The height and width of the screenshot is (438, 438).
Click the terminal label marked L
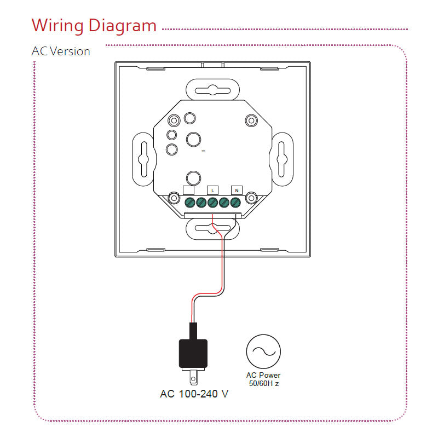click(x=213, y=190)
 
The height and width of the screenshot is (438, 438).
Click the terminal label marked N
click(x=237, y=190)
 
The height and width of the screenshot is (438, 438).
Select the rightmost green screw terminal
click(x=235, y=202)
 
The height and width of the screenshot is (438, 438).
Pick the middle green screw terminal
click(x=213, y=202)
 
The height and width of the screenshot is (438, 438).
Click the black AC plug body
click(x=193, y=353)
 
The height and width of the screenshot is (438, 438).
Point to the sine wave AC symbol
click(x=263, y=351)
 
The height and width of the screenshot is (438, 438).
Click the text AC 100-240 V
click(x=194, y=394)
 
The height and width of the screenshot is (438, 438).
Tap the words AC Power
click(x=263, y=375)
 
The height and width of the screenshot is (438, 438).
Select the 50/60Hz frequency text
click(x=263, y=383)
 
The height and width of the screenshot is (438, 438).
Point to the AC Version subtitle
click(x=61, y=51)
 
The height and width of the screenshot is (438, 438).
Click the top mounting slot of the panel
click(x=213, y=89)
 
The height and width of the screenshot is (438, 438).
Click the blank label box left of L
click(x=188, y=190)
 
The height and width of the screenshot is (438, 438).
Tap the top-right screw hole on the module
click(x=251, y=120)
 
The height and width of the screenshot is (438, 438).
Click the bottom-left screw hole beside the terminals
click(x=174, y=197)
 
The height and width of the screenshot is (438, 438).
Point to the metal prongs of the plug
click(x=194, y=377)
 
